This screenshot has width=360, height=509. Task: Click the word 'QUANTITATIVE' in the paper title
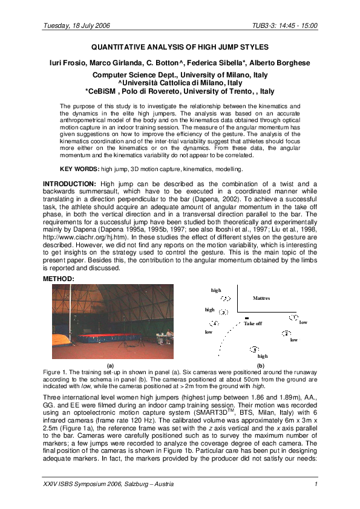(119, 47)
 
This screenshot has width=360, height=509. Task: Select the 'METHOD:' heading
(59, 279)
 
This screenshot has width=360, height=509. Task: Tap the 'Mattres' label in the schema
(261, 299)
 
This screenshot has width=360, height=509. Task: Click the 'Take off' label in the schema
(253, 324)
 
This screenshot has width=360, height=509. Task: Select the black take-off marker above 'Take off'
(247, 317)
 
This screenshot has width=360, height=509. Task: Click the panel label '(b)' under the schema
(261, 366)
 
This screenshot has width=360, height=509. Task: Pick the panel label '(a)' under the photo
(110, 366)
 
